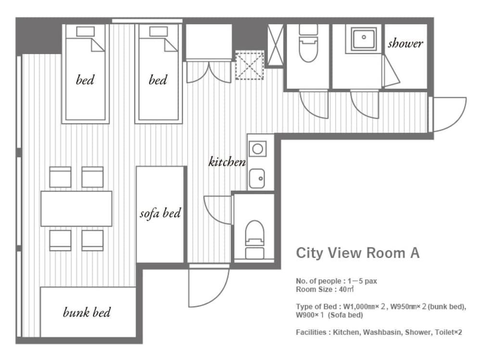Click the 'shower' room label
pos(405,43)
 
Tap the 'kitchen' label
pos(227,161)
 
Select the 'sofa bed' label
pos(160,213)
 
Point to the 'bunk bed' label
pos(87,312)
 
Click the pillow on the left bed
pos(85,31)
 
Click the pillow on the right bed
pos(158,31)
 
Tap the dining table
pos(76,209)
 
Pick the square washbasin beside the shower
pos(364,39)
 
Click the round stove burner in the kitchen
pos(258,149)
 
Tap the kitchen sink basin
pos(257,178)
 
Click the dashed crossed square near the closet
pos(249,66)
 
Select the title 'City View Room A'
pos(358,253)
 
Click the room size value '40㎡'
pos(347,289)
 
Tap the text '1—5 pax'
pos(362,281)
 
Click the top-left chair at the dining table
pos(60,177)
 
